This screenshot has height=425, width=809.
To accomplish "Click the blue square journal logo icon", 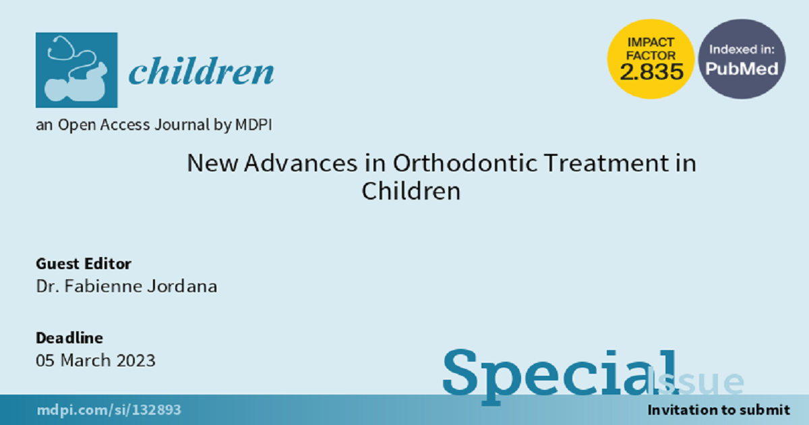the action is [77, 70].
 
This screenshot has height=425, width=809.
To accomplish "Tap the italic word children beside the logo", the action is [202, 71].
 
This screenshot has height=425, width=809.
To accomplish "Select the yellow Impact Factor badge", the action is [651, 59].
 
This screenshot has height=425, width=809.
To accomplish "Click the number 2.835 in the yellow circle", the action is [651, 72].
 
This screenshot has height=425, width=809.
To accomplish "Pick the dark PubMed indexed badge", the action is [742, 59].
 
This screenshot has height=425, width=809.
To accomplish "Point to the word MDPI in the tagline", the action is [253, 125].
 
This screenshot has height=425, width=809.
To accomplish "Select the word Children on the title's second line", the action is [411, 191].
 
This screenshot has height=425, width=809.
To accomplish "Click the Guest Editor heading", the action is [84, 264].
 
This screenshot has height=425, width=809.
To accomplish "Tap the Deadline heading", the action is [69, 338].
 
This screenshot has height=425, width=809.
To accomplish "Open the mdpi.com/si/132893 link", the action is [109, 410].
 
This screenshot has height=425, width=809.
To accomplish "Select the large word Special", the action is [560, 376].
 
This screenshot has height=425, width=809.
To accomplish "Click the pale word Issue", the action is [696, 381].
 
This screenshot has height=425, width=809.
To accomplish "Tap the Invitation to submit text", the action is [719, 410].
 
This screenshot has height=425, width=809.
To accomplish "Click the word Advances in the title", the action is [301, 163].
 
